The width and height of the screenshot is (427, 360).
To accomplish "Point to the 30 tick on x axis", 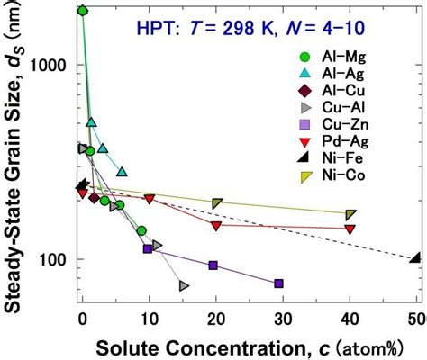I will click(282, 317).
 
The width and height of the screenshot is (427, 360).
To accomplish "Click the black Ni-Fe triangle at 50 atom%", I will click(414, 257).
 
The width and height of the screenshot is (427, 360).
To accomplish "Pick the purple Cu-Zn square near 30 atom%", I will click(278, 283).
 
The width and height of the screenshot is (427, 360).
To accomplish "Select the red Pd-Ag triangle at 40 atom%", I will click(350, 229).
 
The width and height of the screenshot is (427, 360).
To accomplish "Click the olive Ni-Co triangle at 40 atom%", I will click(350, 214).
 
